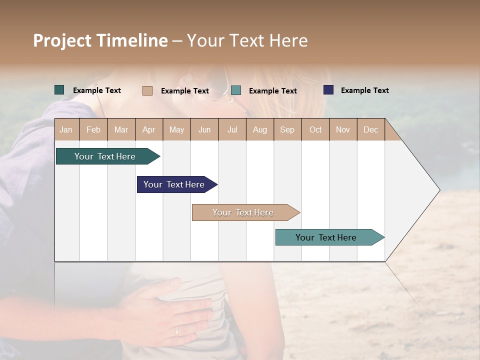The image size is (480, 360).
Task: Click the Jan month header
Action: (66, 129)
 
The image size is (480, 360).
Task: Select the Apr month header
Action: (148, 129)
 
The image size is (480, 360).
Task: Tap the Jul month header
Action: (232, 129)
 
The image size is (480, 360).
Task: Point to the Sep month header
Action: (287, 129)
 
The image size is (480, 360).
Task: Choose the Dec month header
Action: (370, 129)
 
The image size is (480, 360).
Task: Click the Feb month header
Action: (93, 129)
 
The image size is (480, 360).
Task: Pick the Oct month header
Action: (315, 129)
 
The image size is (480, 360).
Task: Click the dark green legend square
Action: (59, 90)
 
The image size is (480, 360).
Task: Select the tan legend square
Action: (147, 90)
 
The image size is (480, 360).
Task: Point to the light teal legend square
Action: (236, 90)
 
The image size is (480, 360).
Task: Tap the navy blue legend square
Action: (328, 90)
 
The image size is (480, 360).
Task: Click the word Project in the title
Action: (62, 40)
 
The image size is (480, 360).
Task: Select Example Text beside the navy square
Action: (364, 90)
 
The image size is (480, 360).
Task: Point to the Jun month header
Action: (204, 129)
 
